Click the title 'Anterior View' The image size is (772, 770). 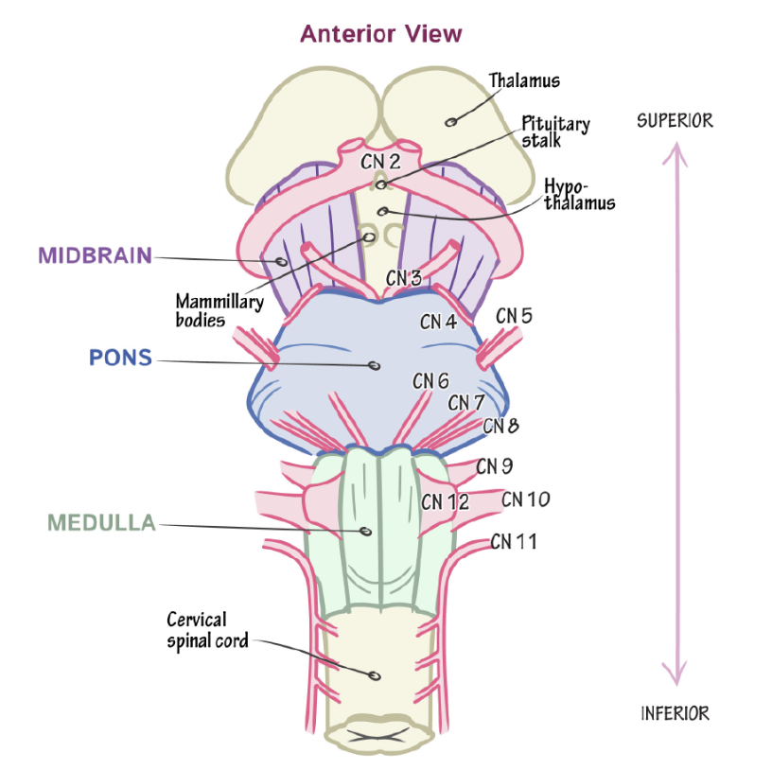[381, 35]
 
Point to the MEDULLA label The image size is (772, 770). [100, 522]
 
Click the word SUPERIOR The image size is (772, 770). [675, 121]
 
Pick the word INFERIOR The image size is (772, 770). [675, 713]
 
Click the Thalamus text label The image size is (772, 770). [524, 80]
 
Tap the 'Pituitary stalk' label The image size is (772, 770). [555, 132]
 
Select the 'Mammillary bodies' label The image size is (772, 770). [201, 310]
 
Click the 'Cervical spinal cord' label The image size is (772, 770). [207, 630]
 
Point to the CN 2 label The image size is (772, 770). [380, 162]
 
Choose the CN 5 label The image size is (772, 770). [514, 315]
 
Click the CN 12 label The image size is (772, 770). [445, 501]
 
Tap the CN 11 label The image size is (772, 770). [514, 542]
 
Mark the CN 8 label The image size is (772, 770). [500, 426]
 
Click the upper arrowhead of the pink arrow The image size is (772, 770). [675, 149]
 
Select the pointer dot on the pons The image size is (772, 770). [375, 365]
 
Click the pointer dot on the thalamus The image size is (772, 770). [451, 121]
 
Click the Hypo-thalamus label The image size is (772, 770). [578, 195]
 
